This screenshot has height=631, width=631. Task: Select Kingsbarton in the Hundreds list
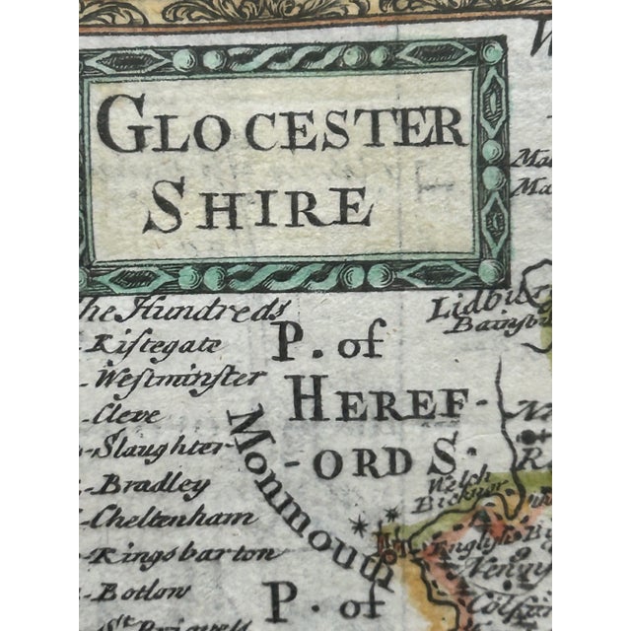tap(181, 553)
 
